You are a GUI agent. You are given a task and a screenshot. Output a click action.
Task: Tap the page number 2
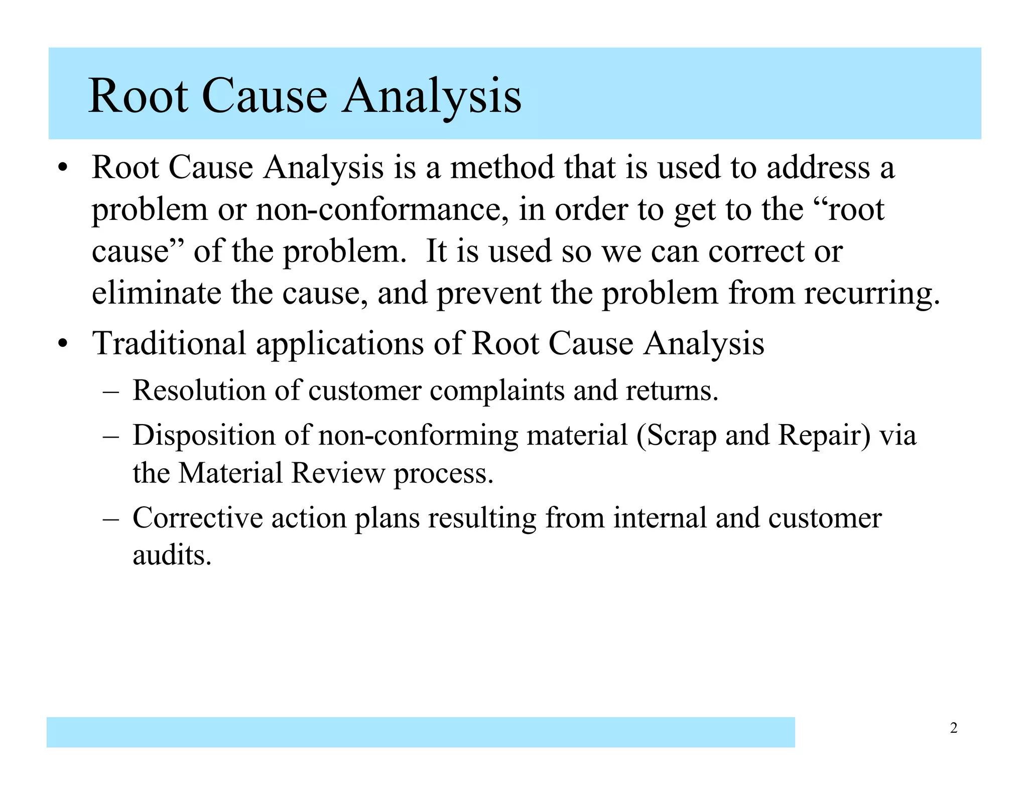(954, 728)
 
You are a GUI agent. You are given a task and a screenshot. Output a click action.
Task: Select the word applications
(340, 344)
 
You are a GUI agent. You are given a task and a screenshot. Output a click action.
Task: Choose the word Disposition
(204, 435)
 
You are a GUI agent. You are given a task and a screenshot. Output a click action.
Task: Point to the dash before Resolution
(110, 391)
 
